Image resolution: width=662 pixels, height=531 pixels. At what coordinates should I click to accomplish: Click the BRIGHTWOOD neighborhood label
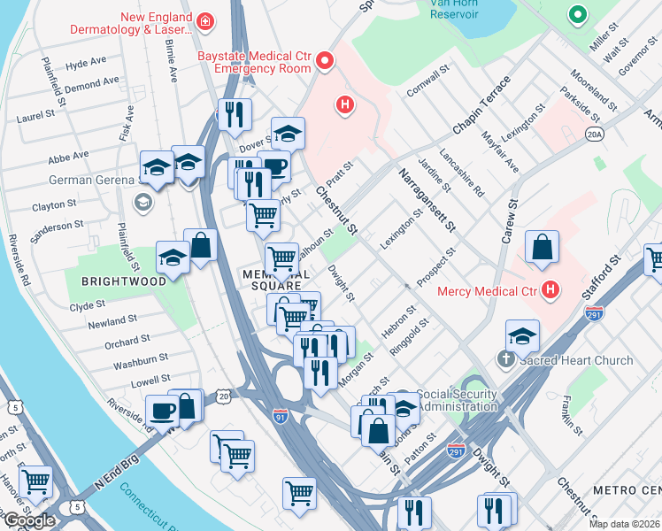(124, 281)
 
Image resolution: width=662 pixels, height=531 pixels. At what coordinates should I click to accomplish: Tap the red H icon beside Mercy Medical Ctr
(551, 289)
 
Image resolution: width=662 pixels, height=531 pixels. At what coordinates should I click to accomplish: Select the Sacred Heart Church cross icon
(505, 359)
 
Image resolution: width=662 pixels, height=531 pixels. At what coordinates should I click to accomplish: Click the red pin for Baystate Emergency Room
(325, 61)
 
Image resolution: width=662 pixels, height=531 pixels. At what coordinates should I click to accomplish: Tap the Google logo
(28, 520)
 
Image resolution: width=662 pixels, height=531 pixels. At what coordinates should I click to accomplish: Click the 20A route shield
(594, 134)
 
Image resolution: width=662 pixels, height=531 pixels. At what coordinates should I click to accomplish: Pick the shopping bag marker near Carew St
(541, 248)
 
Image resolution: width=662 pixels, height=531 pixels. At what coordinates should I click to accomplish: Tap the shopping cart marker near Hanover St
(36, 481)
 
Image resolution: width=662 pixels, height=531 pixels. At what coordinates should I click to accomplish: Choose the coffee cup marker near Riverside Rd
(163, 411)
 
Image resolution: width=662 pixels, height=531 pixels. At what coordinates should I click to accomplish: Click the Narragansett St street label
(426, 201)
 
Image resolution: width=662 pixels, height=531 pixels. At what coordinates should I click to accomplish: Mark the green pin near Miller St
(578, 15)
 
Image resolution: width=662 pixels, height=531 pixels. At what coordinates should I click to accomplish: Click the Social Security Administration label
(457, 399)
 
